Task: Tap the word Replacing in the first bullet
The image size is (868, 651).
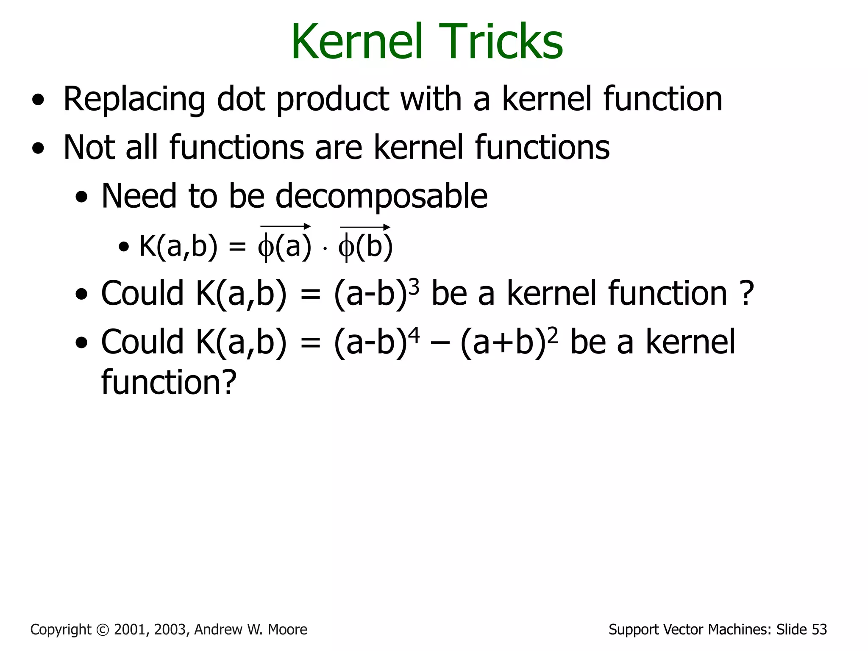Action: (x=134, y=100)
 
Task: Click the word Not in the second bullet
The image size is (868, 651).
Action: (x=89, y=147)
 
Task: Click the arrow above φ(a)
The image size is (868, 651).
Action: (x=285, y=227)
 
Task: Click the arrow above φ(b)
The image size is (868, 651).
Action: (x=365, y=227)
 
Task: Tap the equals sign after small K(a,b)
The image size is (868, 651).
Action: (x=237, y=247)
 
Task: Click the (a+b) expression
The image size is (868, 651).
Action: (x=503, y=342)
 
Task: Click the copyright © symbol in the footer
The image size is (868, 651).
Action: (x=103, y=629)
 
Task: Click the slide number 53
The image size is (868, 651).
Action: (x=819, y=629)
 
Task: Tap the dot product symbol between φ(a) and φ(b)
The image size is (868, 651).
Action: (x=325, y=249)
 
